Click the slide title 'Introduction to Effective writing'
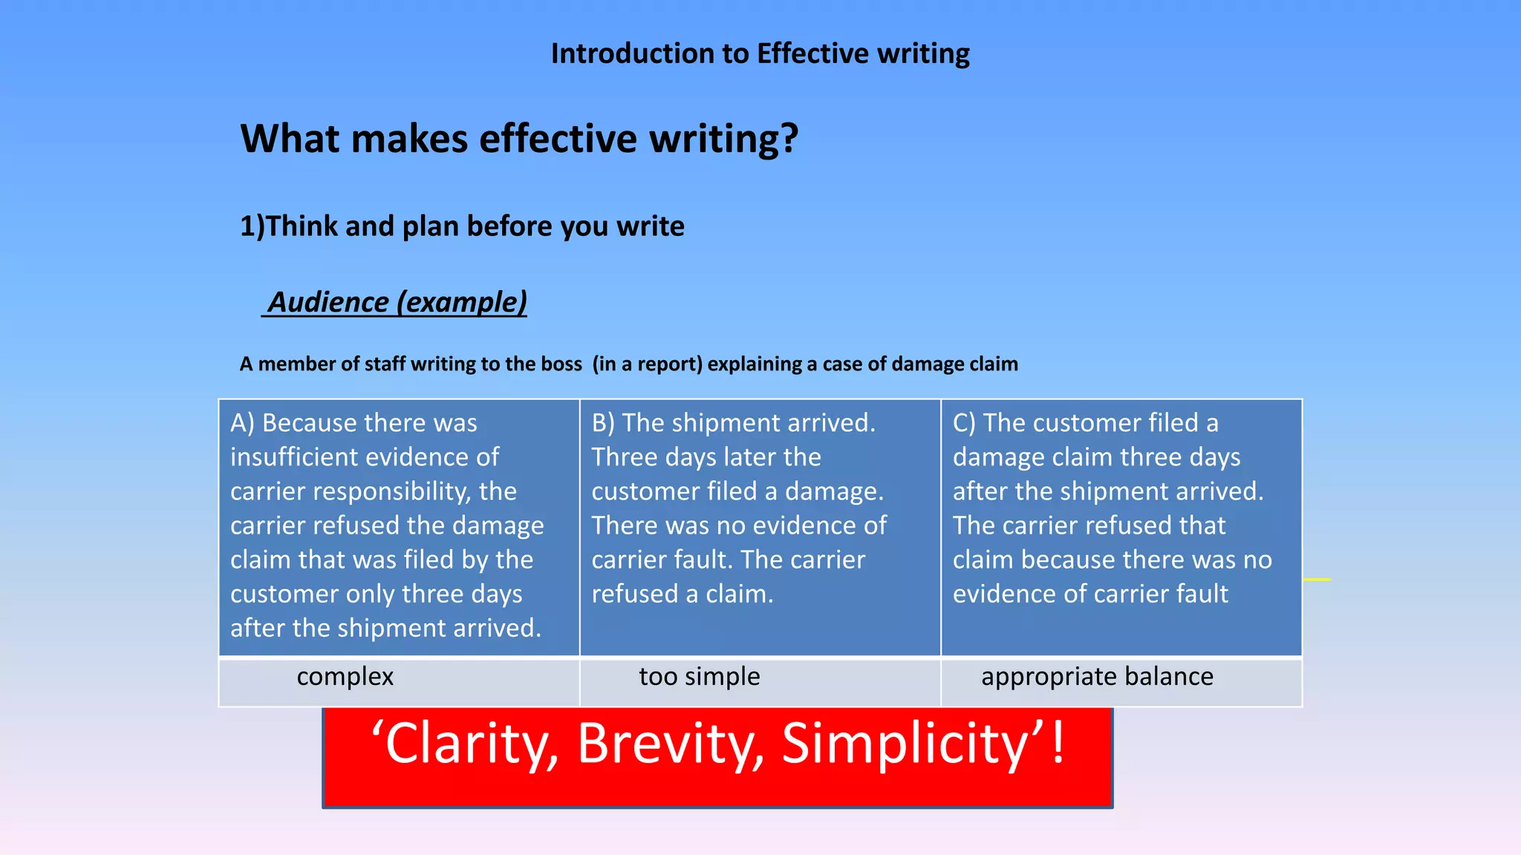pos(760,54)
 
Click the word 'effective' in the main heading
pos(558,139)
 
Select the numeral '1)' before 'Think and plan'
pos(252,226)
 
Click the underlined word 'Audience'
pos(328,302)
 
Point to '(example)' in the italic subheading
pos(461,302)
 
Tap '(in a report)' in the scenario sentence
pos(647,364)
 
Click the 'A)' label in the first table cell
pos(242,423)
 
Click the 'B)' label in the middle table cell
pos(603,423)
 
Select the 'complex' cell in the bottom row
pos(345,677)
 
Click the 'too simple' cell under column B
pos(700,677)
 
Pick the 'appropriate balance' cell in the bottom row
pos(1097,677)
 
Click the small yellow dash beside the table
pos(1317,579)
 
